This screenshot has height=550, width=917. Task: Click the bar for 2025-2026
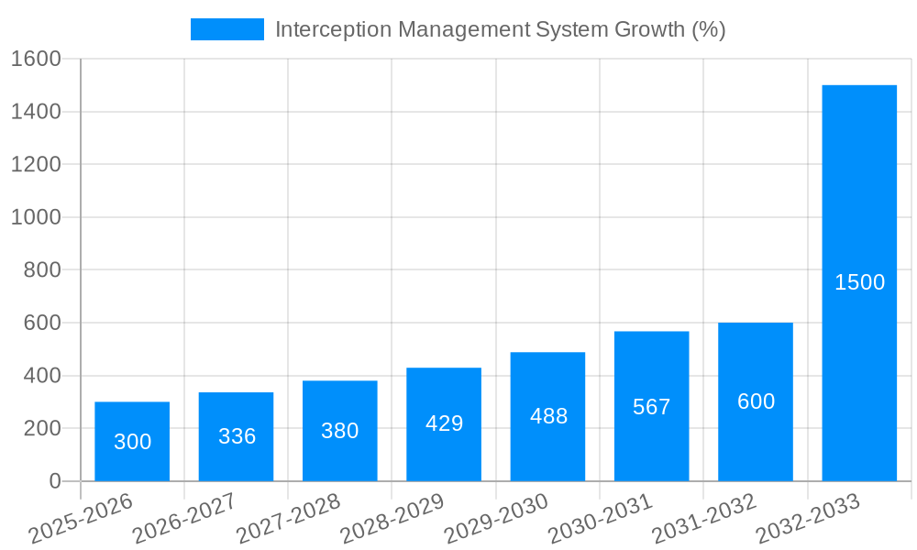coord(132,441)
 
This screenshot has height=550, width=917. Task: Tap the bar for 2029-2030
coord(547,416)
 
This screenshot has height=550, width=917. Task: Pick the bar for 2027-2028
coord(340,430)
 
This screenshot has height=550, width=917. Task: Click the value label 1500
coord(859,282)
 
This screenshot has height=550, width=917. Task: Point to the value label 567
coord(651,407)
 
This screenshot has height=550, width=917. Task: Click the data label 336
coord(237,436)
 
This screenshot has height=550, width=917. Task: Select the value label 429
coord(444,423)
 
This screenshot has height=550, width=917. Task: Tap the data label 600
coord(756,401)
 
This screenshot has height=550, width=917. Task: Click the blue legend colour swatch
coord(226,29)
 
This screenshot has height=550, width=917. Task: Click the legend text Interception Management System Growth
coord(500,29)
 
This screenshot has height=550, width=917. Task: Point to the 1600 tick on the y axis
coord(36,60)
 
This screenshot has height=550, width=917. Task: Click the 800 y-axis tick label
coord(42,270)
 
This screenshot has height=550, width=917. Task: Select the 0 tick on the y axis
coord(54,481)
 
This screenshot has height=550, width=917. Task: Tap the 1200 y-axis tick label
coord(36,165)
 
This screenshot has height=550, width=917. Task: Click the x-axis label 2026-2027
coord(184,519)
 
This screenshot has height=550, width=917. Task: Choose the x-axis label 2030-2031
coord(601,519)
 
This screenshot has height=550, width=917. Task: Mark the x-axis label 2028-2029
coord(392,519)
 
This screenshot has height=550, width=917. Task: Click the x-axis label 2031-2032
coord(704,519)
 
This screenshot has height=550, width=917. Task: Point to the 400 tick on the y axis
coord(42,376)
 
